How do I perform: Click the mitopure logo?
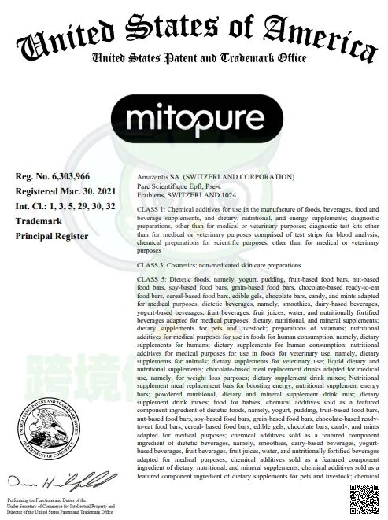pos(194,119)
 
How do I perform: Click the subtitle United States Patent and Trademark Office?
pos(194,58)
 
